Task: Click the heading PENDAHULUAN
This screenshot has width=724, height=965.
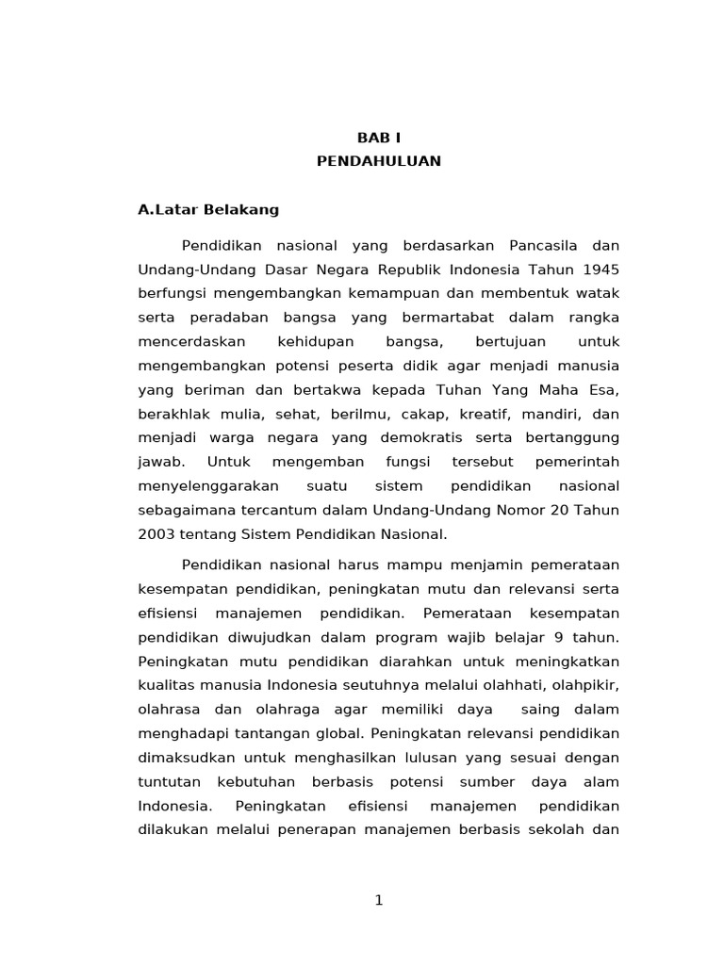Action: (x=378, y=161)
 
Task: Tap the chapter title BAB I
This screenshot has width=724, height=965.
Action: (x=378, y=138)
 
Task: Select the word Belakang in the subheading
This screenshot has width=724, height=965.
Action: (x=243, y=209)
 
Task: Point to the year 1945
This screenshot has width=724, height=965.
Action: (x=601, y=270)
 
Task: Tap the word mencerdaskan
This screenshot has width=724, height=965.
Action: (x=191, y=341)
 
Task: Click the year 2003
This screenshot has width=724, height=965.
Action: (x=157, y=534)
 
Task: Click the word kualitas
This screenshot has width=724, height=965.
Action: (x=168, y=685)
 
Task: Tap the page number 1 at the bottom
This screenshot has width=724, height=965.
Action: (x=379, y=900)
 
